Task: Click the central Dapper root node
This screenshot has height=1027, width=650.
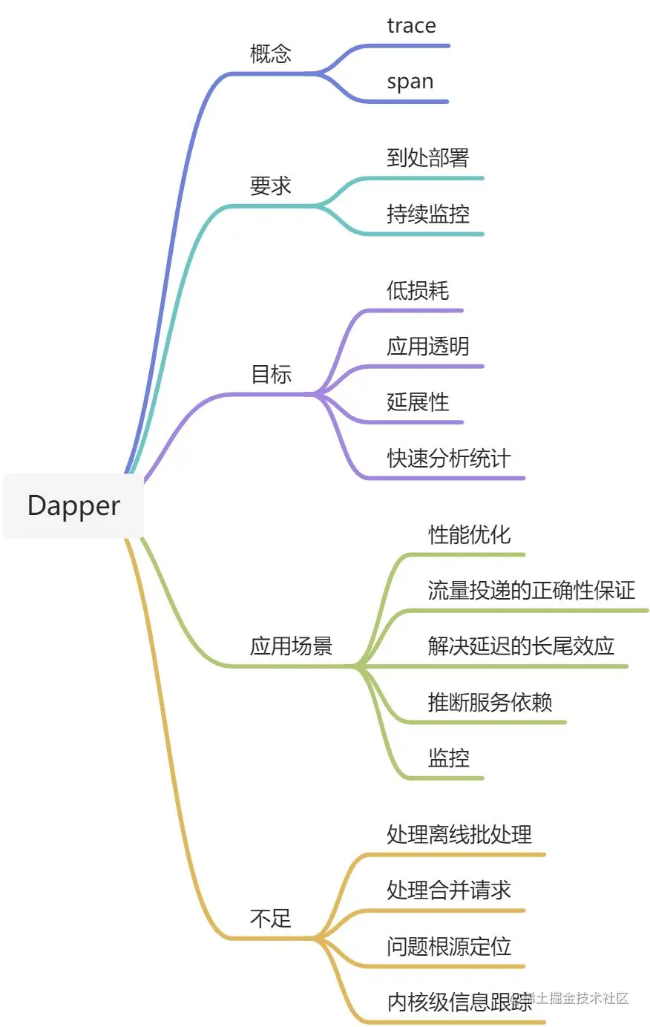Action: [x=73, y=505]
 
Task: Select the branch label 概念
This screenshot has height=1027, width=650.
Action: [x=271, y=53]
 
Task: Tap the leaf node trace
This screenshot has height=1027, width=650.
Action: [x=411, y=26]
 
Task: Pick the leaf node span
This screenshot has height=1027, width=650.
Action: [x=410, y=82]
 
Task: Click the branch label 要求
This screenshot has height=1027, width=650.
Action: [x=271, y=186]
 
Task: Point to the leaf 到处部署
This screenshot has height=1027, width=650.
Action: [x=428, y=157]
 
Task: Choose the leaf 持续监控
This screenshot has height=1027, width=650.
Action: [x=428, y=214]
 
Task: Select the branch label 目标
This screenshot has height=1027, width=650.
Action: [x=271, y=374]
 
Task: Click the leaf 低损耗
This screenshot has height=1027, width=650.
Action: [x=418, y=290]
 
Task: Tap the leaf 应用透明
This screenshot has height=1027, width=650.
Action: [x=428, y=346]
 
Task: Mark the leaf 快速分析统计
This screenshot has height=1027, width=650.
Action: [x=449, y=458]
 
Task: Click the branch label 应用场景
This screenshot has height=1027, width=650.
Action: [x=291, y=646]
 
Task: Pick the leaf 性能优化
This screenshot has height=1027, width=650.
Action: [x=470, y=534]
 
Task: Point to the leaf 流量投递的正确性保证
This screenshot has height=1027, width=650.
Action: [x=531, y=590]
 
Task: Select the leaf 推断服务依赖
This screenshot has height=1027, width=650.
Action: [x=490, y=701]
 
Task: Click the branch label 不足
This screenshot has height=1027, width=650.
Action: [x=271, y=919]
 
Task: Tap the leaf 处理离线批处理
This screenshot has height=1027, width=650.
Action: [x=459, y=834]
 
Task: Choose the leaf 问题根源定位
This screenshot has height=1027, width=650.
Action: [x=449, y=946]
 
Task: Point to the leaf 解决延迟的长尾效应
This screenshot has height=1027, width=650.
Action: [x=521, y=646]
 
